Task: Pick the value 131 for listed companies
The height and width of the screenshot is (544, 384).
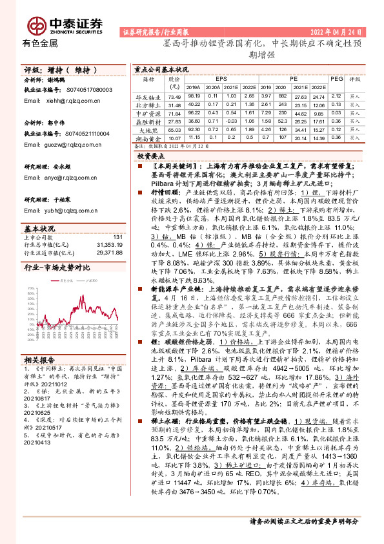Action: tap(117, 238)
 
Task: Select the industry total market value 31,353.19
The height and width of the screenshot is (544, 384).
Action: tap(108, 245)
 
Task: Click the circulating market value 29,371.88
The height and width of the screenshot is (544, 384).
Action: tap(108, 252)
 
